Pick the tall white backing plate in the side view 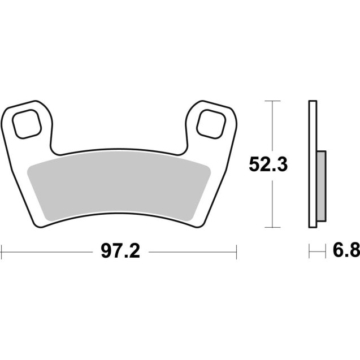tap(311, 164)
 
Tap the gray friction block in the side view tap(320, 187)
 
